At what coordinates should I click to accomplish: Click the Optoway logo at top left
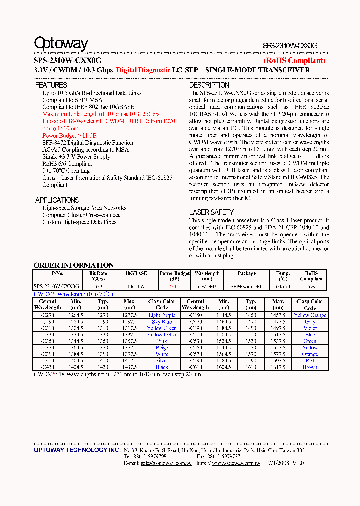pyautogui.click(x=61, y=44)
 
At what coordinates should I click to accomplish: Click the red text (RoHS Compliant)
pyautogui.click(x=294, y=60)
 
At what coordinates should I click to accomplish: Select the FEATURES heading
pyautogui.click(x=51, y=85)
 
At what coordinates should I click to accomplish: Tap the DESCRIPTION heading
pyautogui.click(x=209, y=85)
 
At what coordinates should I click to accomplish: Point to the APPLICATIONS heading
pyautogui.click(x=57, y=200)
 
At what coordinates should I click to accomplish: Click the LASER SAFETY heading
pyautogui.click(x=211, y=212)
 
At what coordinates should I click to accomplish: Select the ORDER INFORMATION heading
pyautogui.click(x=73, y=265)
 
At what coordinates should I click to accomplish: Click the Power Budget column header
pyautogui.click(x=175, y=276)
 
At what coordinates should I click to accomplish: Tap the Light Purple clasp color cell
pyautogui.click(x=162, y=315)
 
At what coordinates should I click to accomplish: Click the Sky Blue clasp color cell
pyautogui.click(x=162, y=322)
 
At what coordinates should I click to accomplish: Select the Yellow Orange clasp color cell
pyautogui.click(x=310, y=315)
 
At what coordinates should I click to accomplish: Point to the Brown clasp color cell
pyautogui.click(x=310, y=367)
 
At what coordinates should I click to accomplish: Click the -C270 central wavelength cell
pyautogui.click(x=48, y=315)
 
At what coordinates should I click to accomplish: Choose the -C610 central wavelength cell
pyautogui.click(x=195, y=367)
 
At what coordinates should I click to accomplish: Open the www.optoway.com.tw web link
pyautogui.click(x=235, y=463)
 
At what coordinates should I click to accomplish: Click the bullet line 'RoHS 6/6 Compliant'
pyautogui.click(x=67, y=164)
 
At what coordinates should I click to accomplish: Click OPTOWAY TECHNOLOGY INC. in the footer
pyautogui.click(x=77, y=450)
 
